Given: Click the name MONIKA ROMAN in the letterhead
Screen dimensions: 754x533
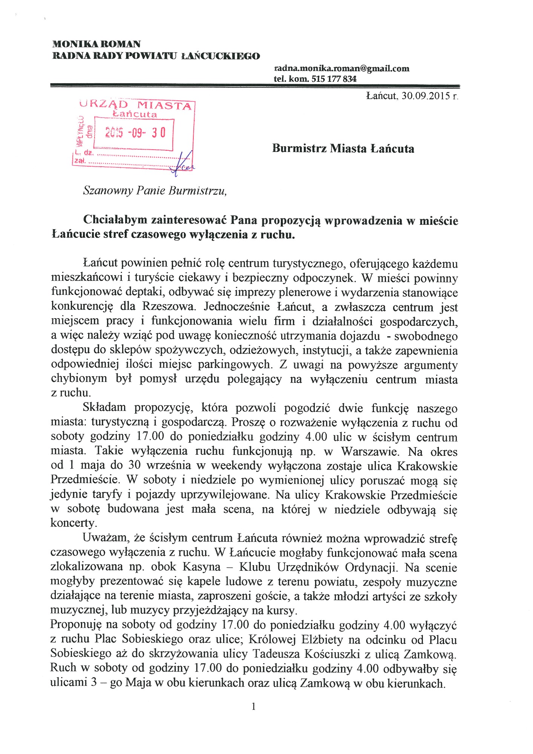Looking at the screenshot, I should pos(96,44).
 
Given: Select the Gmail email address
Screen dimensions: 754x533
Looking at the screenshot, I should pos(342,69).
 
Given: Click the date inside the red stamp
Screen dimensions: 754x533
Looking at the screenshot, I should pos(135,133).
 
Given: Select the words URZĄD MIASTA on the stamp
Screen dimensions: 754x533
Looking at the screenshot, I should pos(136,104).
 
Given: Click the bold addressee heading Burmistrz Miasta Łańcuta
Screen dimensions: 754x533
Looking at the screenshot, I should pos(343,149).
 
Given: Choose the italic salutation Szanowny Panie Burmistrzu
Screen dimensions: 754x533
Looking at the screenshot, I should pos(155,190).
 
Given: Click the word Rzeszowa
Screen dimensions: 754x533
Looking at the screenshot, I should pos(169,307).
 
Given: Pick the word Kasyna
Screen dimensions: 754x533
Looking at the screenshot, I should pos(202,567).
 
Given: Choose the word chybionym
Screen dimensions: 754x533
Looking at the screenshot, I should pos(79,379).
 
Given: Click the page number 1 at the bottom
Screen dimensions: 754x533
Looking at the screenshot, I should pos(254,706).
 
